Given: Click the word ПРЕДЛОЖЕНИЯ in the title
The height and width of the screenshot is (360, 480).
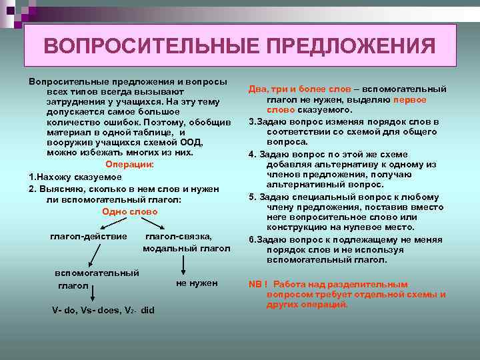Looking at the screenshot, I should point(351,46).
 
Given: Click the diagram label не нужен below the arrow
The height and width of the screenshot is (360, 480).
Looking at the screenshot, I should point(197,283).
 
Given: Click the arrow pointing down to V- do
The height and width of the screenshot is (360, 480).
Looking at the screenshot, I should point(93,291).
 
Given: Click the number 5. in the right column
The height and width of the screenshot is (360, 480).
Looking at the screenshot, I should point(253,197).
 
